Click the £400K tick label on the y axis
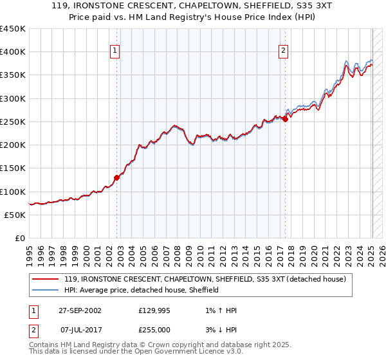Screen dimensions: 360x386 click(x=13, y=52)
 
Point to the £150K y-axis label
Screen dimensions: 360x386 click(x=13, y=168)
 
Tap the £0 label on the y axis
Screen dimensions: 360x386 click(x=19, y=239)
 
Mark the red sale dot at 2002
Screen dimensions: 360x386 click(x=117, y=177)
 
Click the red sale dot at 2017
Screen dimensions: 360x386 click(x=285, y=119)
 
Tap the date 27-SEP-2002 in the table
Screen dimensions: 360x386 click(x=80, y=310)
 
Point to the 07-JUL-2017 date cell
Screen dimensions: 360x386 click(x=80, y=331)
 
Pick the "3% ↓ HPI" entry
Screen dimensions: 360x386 click(x=219, y=331)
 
